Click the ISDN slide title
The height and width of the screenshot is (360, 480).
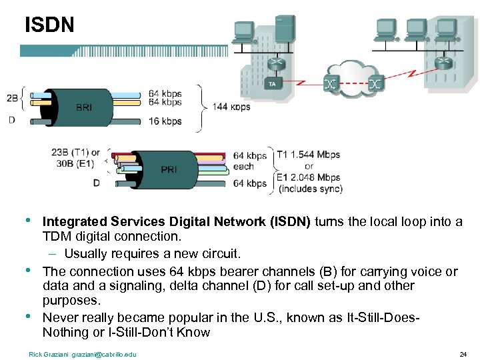click(x=49, y=25)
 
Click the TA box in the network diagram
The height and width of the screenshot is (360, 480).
click(x=271, y=85)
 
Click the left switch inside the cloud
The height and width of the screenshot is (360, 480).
click(x=330, y=84)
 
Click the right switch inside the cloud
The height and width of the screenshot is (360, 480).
click(x=375, y=84)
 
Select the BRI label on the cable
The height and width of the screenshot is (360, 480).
click(x=84, y=107)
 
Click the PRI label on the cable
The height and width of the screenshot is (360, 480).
click(x=169, y=169)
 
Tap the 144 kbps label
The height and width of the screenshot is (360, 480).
click(x=231, y=107)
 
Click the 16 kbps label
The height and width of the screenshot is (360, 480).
click(x=165, y=121)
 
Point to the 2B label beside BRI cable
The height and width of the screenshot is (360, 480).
click(x=12, y=98)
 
